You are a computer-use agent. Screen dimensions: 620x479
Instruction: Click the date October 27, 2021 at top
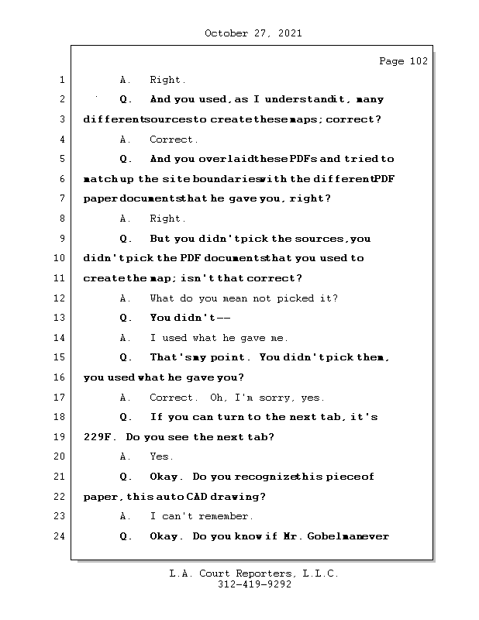253,33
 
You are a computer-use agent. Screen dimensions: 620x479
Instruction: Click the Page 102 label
403,61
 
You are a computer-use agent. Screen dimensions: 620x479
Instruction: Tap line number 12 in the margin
61,298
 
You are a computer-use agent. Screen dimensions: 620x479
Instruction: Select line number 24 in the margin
61,536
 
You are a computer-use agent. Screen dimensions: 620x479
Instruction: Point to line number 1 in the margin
62,80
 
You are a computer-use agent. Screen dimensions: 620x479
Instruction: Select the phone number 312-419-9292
253,585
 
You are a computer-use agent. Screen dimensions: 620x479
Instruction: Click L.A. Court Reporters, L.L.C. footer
253,573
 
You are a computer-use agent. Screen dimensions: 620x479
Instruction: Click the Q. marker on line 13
126,319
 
